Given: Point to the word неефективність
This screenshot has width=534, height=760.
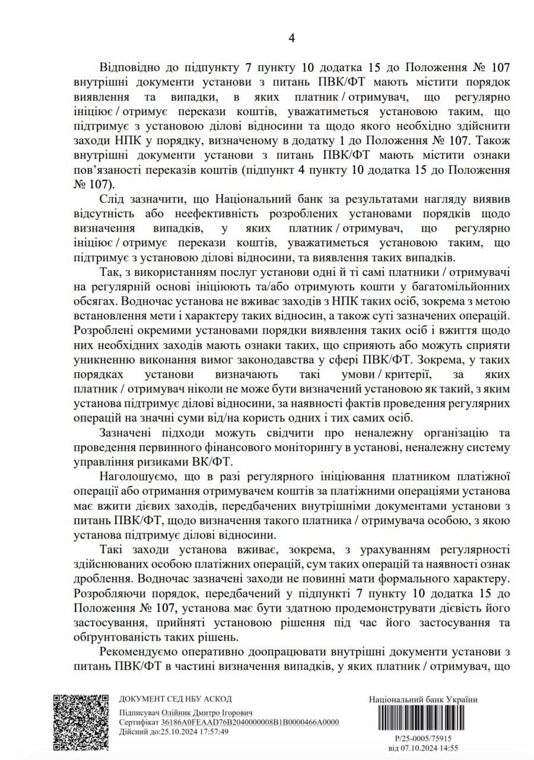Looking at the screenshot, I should pyautogui.click(x=201, y=213).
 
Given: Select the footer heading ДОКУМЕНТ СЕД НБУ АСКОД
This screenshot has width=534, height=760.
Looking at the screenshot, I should pyautogui.click(x=176, y=699).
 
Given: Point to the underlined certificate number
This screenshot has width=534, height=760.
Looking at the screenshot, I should pyautogui.click(x=250, y=721).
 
